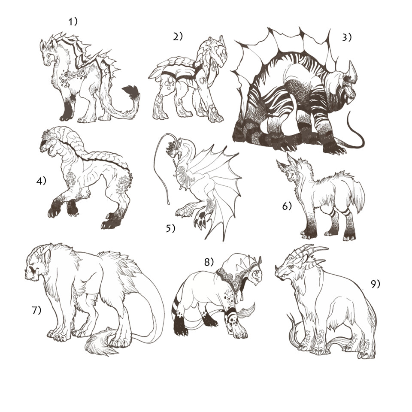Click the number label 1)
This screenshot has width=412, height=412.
click(x=73, y=21)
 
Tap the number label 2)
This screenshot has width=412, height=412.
click(x=178, y=36)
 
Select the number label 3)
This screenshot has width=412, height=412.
click(x=347, y=37)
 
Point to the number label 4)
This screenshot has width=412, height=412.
click(x=41, y=181)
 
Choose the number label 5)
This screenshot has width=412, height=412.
click(x=170, y=229)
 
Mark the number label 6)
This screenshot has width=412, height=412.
click(x=287, y=206)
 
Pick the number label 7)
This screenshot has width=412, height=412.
click(x=36, y=310)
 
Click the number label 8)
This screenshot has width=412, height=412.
click(x=209, y=261)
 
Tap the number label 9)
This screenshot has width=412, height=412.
click(x=376, y=284)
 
